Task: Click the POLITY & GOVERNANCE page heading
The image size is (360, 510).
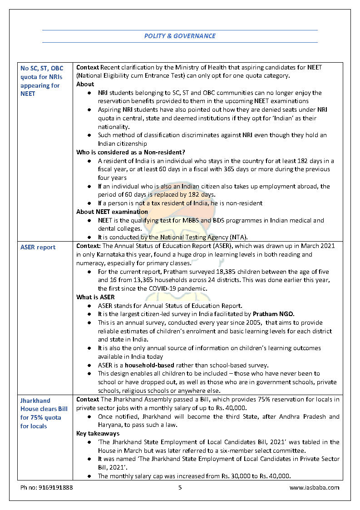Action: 180,36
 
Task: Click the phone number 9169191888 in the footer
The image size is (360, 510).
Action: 47,487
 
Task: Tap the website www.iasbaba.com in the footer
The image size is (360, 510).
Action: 314,487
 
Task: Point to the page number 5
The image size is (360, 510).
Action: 180,487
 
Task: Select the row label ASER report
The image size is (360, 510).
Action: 38,247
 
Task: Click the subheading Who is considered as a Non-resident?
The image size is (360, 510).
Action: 131,152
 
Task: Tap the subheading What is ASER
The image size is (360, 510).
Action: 95,297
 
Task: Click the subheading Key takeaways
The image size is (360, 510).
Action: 97,434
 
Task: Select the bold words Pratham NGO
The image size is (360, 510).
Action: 273,314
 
